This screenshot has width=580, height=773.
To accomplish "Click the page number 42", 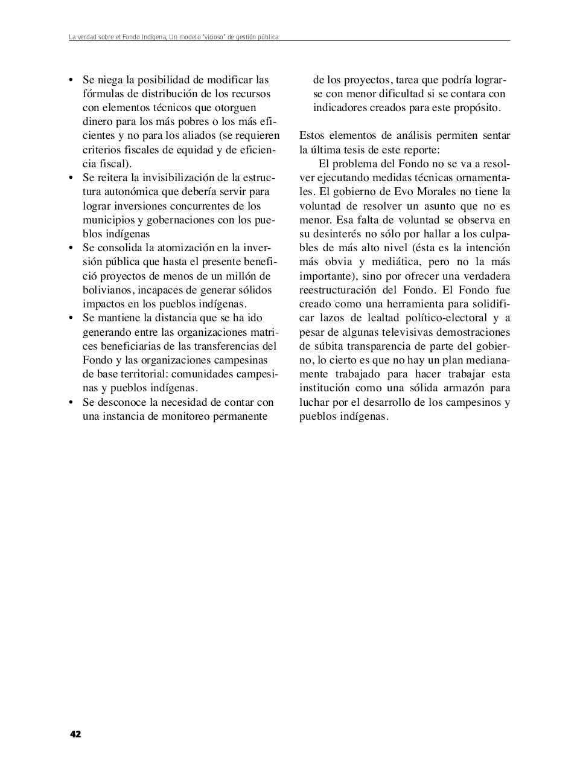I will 75,734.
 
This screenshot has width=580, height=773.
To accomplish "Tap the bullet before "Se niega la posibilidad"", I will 71,80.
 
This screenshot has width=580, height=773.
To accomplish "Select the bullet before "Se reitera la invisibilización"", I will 71,178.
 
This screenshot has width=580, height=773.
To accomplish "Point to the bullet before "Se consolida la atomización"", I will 71,248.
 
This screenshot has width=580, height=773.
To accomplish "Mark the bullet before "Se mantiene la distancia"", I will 71,318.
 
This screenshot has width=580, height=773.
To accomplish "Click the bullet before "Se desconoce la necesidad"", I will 71,402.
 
